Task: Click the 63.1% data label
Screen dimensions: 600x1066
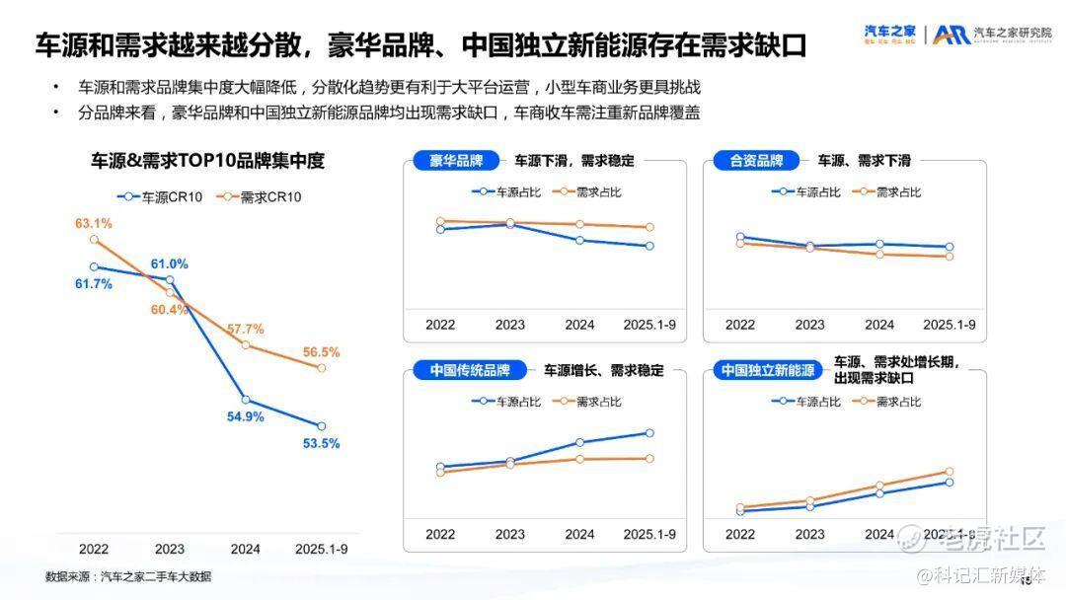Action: coord(94,224)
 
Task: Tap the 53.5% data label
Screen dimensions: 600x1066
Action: coord(321,444)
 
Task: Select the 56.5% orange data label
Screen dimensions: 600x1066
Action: coord(321,352)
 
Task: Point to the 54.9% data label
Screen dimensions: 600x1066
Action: coord(246,417)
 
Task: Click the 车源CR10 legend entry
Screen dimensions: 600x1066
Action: coord(160,197)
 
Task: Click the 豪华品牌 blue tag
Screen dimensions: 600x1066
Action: coord(456,161)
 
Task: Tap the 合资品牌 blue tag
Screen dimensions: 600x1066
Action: coord(756,161)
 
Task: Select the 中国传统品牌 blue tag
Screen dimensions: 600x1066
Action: coord(469,371)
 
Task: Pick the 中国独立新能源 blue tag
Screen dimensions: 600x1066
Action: coord(767,371)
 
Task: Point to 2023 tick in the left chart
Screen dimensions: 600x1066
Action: coord(169,550)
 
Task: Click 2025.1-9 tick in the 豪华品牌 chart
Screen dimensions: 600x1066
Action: coord(649,325)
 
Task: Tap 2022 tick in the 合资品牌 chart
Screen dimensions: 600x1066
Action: coord(740,325)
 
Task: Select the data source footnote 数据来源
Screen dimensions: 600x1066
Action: coord(128,577)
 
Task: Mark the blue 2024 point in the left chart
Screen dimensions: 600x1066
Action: coord(246,400)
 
